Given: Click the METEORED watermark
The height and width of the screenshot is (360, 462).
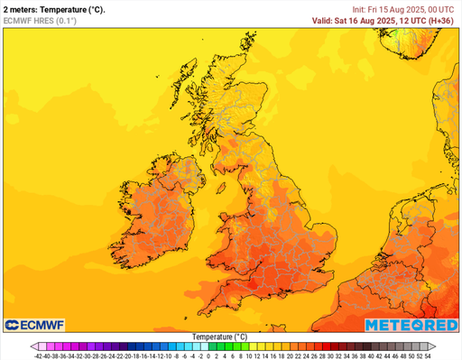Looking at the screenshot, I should coord(411,324).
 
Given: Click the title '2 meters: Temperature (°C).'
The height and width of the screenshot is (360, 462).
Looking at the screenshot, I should coord(54,9).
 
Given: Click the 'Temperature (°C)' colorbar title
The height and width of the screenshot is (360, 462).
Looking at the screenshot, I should coord(220,337).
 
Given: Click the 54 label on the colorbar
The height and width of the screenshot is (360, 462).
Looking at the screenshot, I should coord(428,355).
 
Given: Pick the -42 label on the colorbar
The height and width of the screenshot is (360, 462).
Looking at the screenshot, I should coord(38,355).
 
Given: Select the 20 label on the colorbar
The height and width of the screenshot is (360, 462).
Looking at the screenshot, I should coord(290,355).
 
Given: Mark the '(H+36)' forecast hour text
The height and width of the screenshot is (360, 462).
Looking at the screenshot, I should coord(442,20).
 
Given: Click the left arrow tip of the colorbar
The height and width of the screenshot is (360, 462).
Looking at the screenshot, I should coord(31,346).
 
